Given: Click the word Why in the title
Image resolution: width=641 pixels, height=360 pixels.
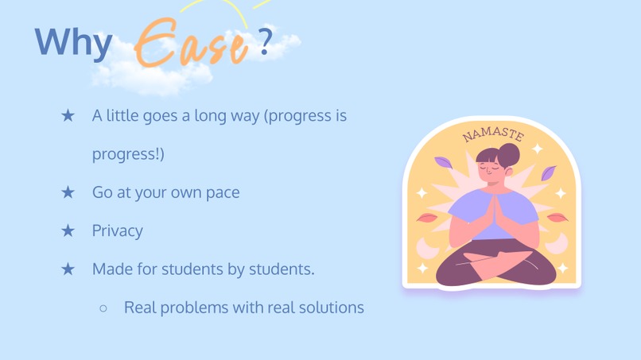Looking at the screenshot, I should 73,42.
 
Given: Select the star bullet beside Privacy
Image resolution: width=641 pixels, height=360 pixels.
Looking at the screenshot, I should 68,230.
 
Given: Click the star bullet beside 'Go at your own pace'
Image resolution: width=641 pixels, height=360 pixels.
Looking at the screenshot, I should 68,192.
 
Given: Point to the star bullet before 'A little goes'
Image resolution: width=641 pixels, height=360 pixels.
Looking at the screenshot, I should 68,116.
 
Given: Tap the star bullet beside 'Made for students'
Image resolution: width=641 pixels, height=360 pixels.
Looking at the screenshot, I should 68,269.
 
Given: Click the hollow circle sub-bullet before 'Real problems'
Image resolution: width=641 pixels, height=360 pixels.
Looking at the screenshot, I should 103,308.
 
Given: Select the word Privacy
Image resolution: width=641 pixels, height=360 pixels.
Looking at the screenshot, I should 117,230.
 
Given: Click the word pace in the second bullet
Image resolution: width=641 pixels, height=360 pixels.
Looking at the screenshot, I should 222,192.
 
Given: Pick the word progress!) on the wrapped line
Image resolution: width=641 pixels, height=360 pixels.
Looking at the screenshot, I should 128,154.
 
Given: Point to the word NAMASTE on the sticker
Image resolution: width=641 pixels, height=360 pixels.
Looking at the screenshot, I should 493,134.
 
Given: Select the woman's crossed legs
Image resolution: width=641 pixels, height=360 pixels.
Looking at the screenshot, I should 493,266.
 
